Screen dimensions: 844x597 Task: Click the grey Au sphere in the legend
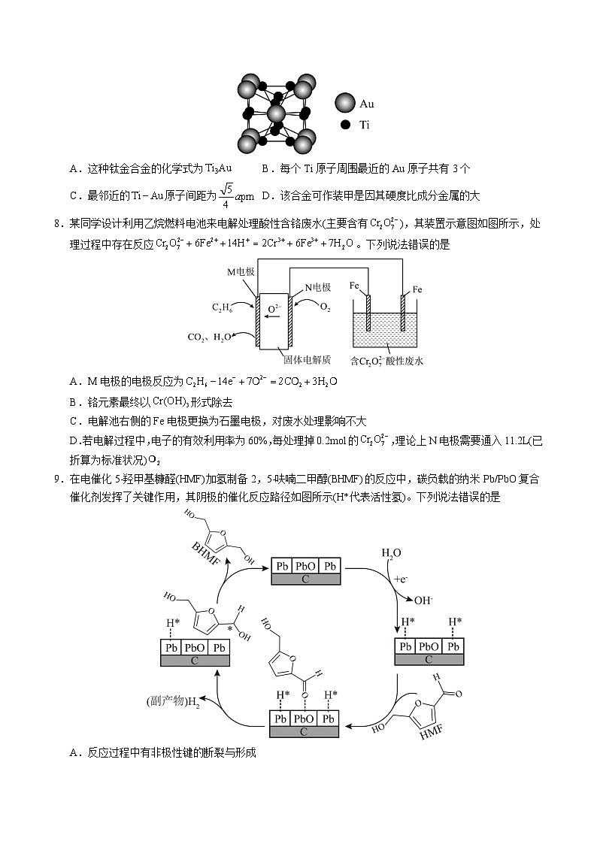345,104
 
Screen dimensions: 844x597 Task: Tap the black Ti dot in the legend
345,126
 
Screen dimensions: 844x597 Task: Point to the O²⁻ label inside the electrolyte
275,307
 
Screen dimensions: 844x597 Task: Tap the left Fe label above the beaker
356,286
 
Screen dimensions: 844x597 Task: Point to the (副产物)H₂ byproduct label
173,702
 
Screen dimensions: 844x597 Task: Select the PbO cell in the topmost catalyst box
305,566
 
